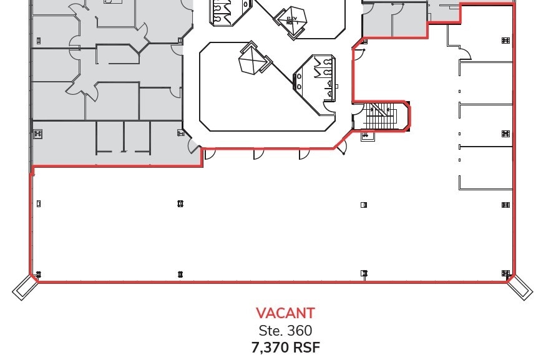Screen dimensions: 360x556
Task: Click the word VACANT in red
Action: (x=285, y=313)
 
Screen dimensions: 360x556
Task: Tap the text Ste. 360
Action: (x=285, y=331)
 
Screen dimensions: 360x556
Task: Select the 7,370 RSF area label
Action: (x=285, y=348)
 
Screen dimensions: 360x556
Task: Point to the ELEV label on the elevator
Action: (x=290, y=19)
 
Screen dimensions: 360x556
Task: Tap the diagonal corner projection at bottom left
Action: (x=23, y=286)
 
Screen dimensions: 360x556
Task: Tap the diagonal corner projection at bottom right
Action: (x=520, y=286)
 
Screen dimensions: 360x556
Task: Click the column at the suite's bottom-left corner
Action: (x=38, y=275)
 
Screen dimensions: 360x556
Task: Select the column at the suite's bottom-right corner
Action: (x=505, y=273)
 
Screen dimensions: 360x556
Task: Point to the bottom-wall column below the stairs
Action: (x=364, y=273)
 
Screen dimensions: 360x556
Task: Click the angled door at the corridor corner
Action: (x=341, y=148)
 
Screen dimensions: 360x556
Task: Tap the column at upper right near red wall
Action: (x=505, y=41)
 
